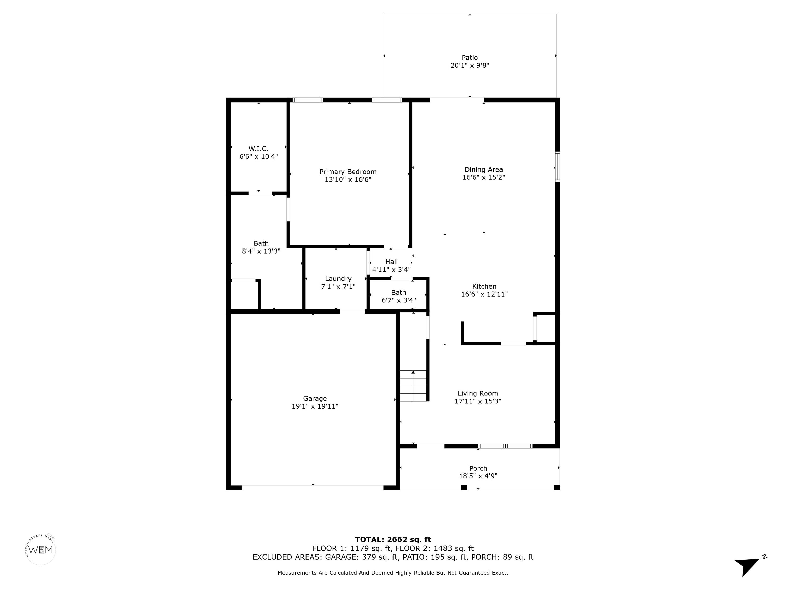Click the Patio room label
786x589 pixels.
click(x=470, y=58)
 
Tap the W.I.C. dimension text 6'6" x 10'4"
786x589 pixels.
click(x=258, y=156)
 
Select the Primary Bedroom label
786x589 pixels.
click(x=348, y=172)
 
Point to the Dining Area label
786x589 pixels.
click(x=484, y=170)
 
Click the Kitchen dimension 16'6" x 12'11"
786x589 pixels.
click(x=484, y=294)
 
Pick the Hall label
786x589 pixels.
click(x=391, y=262)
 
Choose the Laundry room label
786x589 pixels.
click(x=338, y=279)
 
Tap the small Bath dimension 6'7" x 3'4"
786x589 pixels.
click(x=399, y=300)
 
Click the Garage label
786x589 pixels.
click(x=315, y=398)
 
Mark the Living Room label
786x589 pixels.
click(x=478, y=393)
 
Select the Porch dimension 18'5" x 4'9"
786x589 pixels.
click(x=478, y=476)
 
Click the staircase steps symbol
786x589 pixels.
click(x=413, y=386)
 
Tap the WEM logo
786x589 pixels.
click(x=41, y=550)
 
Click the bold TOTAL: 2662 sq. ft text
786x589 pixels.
click(x=393, y=540)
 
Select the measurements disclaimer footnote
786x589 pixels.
click(x=393, y=573)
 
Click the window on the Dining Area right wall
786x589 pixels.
click(x=558, y=167)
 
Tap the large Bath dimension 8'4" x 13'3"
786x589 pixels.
click(x=261, y=251)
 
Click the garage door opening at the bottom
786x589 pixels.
click(x=312, y=488)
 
